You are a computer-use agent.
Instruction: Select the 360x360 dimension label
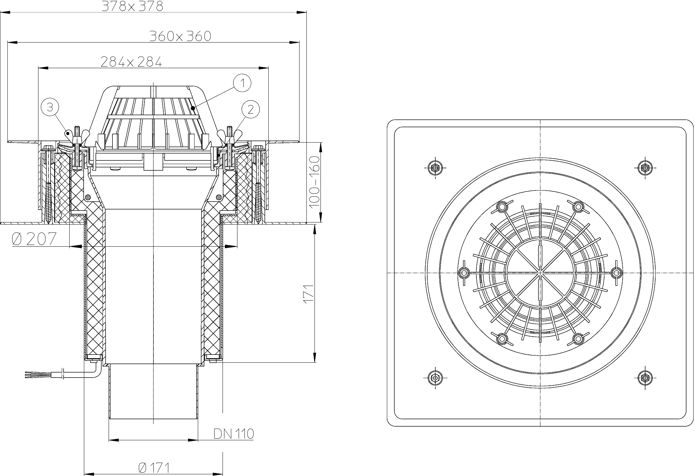coord(180,36)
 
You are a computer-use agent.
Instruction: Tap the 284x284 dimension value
coord(131,62)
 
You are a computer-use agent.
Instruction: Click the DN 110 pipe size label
coord(234,434)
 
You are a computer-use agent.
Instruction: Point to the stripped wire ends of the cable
coord(31,374)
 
